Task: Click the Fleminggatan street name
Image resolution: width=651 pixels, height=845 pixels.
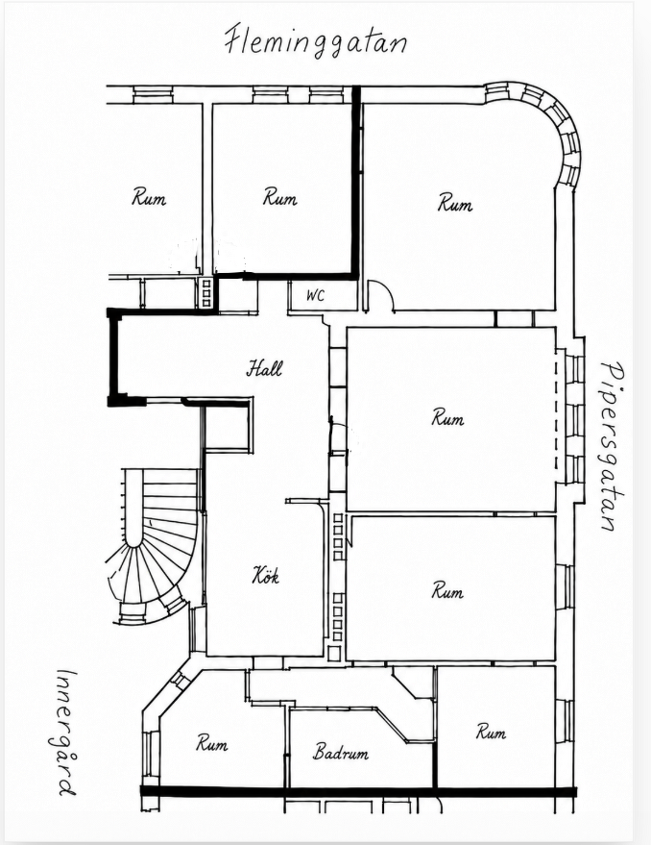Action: click(315, 40)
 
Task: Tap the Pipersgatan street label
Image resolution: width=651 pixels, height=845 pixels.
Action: click(614, 446)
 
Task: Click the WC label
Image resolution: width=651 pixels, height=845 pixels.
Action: click(316, 295)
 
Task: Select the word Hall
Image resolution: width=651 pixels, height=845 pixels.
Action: click(264, 368)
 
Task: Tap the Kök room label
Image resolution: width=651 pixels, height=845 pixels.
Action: click(265, 576)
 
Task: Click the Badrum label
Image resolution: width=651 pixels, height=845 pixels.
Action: click(341, 752)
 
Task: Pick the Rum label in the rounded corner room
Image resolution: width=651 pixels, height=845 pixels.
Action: click(455, 203)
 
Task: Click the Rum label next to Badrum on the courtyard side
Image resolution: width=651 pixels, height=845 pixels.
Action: click(211, 743)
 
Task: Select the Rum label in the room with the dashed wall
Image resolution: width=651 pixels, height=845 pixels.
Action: click(447, 417)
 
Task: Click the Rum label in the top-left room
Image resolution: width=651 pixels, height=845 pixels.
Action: click(149, 197)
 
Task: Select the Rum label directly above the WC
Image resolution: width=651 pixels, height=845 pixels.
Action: click(280, 197)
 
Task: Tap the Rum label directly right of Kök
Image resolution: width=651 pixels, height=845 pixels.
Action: click(447, 590)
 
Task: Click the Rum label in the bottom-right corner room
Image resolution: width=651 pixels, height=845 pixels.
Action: click(491, 732)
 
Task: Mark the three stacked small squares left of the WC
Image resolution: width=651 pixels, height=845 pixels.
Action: click(206, 292)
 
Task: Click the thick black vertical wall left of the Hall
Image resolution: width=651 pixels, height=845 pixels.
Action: click(113, 357)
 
